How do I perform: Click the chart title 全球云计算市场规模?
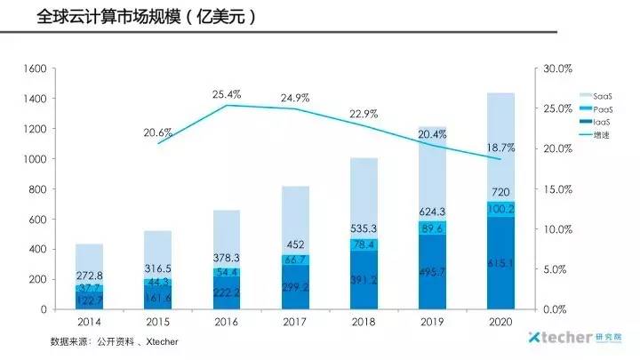point(133,18)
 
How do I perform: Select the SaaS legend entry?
point(596,95)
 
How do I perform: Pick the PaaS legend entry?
point(596,108)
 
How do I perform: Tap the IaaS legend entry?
point(596,122)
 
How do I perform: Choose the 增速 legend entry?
point(596,135)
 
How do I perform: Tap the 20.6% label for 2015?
point(158,133)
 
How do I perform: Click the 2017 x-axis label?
point(295,323)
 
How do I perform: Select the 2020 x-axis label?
point(500,323)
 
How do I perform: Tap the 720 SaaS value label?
point(500,193)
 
